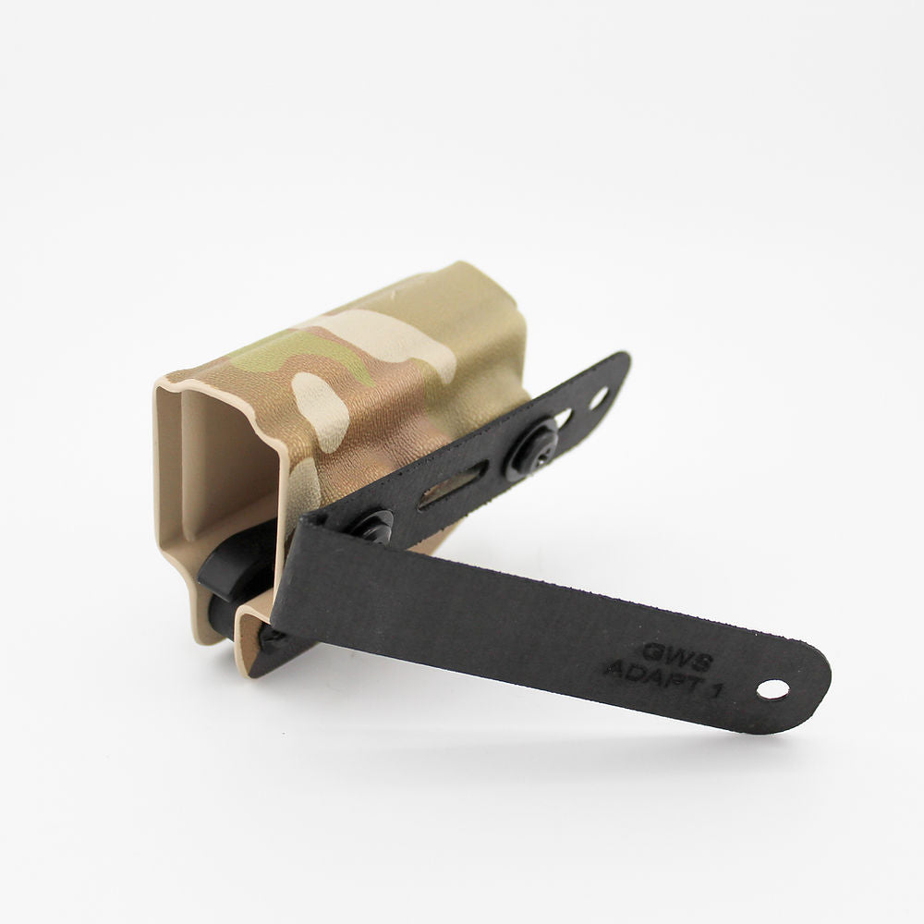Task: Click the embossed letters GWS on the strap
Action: coord(677,654)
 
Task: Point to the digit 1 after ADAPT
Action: coord(715,690)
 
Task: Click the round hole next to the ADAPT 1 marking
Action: coord(772,689)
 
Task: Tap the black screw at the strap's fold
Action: coord(370,526)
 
